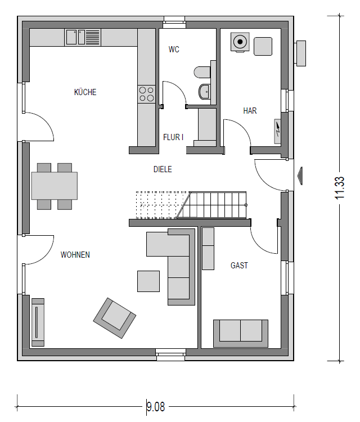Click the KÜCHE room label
point(85,92)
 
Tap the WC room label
point(174,50)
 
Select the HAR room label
point(250,111)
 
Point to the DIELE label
point(163,169)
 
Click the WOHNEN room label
point(75,254)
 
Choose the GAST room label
point(239,266)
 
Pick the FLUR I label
point(173,137)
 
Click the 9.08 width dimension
point(155,407)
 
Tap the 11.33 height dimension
point(340,188)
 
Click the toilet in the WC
point(202,72)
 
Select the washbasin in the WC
point(205,92)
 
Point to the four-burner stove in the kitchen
point(146,94)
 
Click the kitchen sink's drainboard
point(93,37)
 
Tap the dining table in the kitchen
point(55,186)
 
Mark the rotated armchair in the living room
point(115,318)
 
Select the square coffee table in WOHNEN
point(148,281)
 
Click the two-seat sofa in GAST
point(241,334)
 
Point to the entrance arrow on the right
point(300,176)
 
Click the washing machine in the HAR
point(240,42)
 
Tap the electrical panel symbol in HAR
point(277,131)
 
